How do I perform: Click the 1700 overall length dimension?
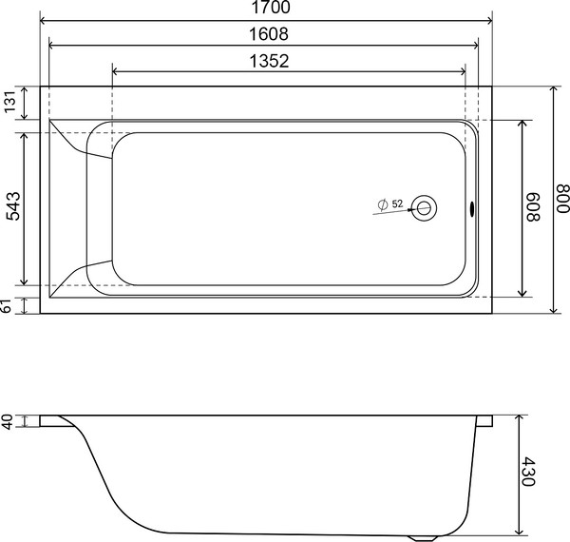coord(265,9)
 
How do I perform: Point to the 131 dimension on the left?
coord(11,104)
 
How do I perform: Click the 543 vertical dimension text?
coord(11,204)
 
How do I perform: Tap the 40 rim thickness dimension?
coord(9,422)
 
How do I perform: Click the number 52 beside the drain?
coord(397,204)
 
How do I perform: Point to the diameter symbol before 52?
coord(381,204)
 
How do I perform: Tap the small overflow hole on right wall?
coord(472,207)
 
